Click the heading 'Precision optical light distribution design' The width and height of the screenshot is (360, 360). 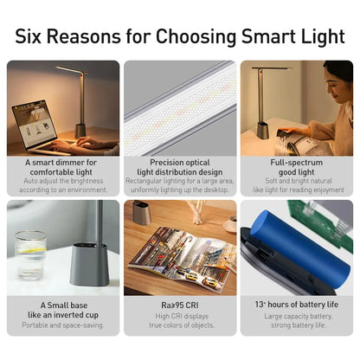(x=180, y=166)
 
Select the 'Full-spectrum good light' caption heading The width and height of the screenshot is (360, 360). (x=296, y=166)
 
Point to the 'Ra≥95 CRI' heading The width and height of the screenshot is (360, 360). (x=180, y=304)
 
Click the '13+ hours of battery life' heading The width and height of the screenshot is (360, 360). (x=296, y=304)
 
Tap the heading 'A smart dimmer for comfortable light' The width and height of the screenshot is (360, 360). (x=63, y=166)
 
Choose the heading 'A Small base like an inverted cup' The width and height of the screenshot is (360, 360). (x=63, y=309)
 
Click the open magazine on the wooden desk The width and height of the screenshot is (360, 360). (x=182, y=255)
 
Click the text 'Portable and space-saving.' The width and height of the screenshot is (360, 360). (x=63, y=326)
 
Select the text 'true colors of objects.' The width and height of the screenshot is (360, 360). (x=180, y=326)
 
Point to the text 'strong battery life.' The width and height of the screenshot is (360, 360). (x=296, y=326)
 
